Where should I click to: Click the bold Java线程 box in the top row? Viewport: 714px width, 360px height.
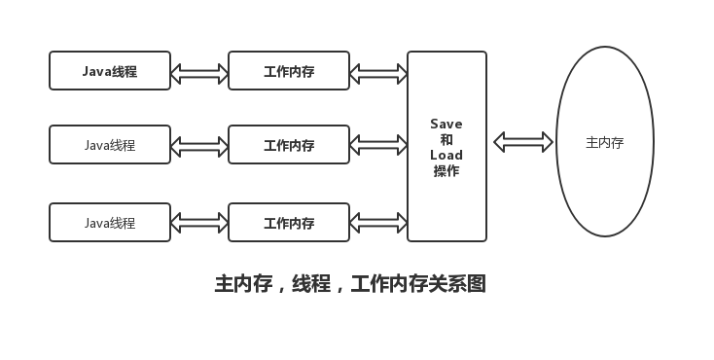pyautogui.click(x=110, y=71)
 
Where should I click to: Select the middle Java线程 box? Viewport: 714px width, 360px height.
pyautogui.click(x=110, y=145)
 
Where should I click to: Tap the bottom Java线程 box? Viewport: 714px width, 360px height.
pyautogui.click(x=110, y=223)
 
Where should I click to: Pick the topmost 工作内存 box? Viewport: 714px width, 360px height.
pyautogui.click(x=289, y=71)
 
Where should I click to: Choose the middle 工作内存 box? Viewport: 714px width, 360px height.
pyautogui.click(x=289, y=145)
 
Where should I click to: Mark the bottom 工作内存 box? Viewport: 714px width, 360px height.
pyautogui.click(x=289, y=223)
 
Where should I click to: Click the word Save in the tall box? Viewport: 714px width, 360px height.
pyautogui.click(x=446, y=125)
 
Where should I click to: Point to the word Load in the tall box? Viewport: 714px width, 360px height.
pyautogui.click(x=446, y=156)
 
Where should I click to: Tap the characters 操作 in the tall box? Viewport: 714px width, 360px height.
pyautogui.click(x=446, y=171)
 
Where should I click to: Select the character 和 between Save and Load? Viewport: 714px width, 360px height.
pyautogui.click(x=446, y=140)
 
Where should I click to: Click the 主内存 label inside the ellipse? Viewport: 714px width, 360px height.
pyautogui.click(x=604, y=142)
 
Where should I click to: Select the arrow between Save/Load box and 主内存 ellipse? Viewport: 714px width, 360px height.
pyautogui.click(x=523, y=142)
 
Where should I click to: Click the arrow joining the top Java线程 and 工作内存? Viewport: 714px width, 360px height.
pyautogui.click(x=199, y=73)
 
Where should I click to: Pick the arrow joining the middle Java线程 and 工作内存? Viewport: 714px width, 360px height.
pyautogui.click(x=199, y=146)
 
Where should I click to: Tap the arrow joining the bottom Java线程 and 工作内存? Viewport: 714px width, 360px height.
pyautogui.click(x=199, y=223)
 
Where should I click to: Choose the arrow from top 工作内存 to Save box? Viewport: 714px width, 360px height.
pyautogui.click(x=378, y=73)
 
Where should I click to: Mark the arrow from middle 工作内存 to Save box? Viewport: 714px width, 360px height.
pyautogui.click(x=378, y=146)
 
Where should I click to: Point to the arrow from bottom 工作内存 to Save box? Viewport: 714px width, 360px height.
pyautogui.click(x=378, y=223)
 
